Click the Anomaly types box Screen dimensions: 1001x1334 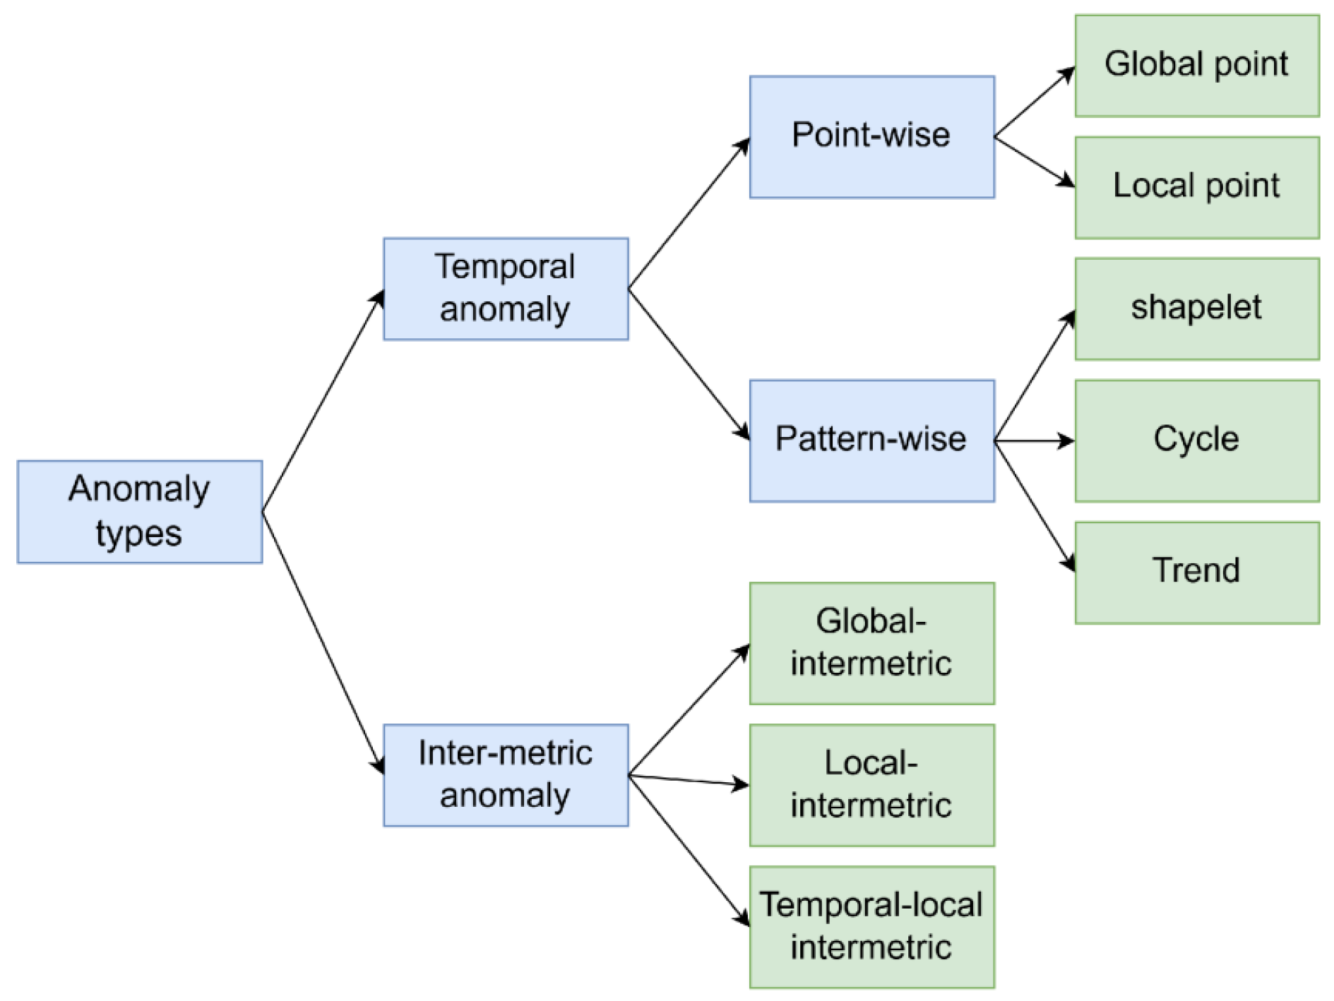pos(139,512)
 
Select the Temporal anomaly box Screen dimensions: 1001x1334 pos(506,289)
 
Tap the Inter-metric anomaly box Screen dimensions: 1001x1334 pos(506,775)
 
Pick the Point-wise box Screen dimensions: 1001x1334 pos(871,137)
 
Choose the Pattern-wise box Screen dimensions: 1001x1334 pos(871,440)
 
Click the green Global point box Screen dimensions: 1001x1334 pos(1196,66)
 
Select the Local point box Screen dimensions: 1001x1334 pos(1196,187)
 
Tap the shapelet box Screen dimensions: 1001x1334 pos(1196,308)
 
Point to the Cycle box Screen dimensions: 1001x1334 pos(1196,440)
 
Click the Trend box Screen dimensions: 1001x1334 pos(1196,573)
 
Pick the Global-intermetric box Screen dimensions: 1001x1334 pos(871,643)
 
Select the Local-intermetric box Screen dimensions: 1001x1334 pos(871,785)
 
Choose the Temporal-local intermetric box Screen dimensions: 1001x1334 pos(871,927)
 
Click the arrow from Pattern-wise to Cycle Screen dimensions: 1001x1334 pos(1034,441)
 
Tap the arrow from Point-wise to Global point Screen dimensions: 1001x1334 pos(1034,102)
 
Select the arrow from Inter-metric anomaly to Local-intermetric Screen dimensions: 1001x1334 pos(689,780)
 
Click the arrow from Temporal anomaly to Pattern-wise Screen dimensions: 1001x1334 pos(689,364)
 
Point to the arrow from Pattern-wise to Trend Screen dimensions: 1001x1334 pos(1034,505)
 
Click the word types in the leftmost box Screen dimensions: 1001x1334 pos(139,534)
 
